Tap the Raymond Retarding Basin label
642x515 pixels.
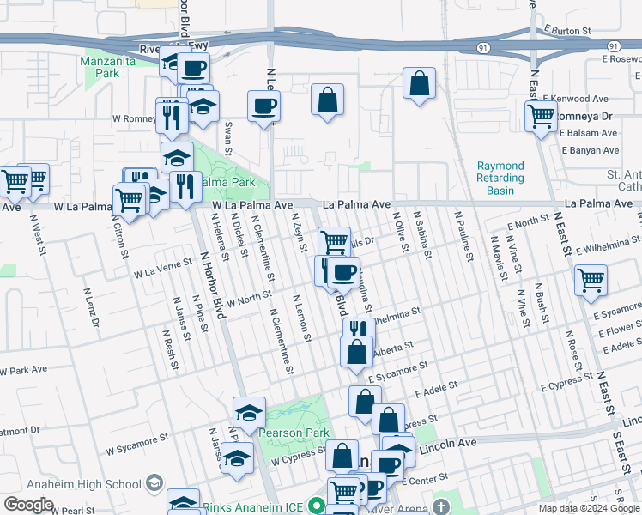(x=500, y=178)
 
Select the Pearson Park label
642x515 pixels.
(x=294, y=433)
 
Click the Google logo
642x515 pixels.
(x=28, y=505)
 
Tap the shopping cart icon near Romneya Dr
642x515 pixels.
(x=541, y=116)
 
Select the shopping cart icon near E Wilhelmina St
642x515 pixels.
(x=591, y=279)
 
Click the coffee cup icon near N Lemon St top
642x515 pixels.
(x=263, y=106)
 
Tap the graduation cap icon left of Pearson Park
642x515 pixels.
(x=250, y=412)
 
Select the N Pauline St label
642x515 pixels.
(x=464, y=238)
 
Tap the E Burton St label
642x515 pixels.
(x=567, y=30)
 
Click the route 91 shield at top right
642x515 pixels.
(x=613, y=45)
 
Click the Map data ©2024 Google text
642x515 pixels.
(x=588, y=508)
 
